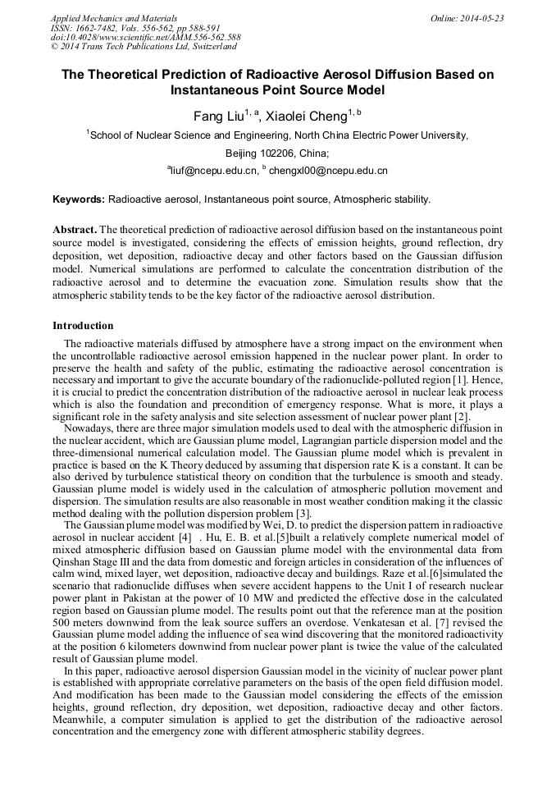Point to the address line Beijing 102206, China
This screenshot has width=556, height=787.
pyautogui.click(x=277, y=153)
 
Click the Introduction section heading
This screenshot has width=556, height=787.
pyautogui.click(x=83, y=327)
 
